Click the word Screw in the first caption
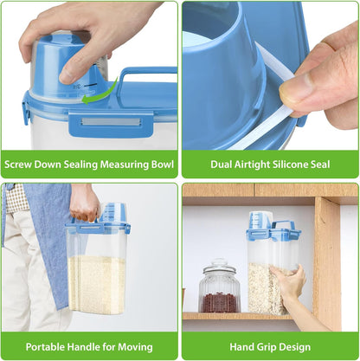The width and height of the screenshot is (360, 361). [x=18, y=164]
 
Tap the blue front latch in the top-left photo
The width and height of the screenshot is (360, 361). [x=111, y=124]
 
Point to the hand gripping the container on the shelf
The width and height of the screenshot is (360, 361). [x=287, y=281]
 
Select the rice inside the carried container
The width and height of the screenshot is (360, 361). [x=96, y=285]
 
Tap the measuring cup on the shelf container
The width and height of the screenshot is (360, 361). [x=260, y=221]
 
